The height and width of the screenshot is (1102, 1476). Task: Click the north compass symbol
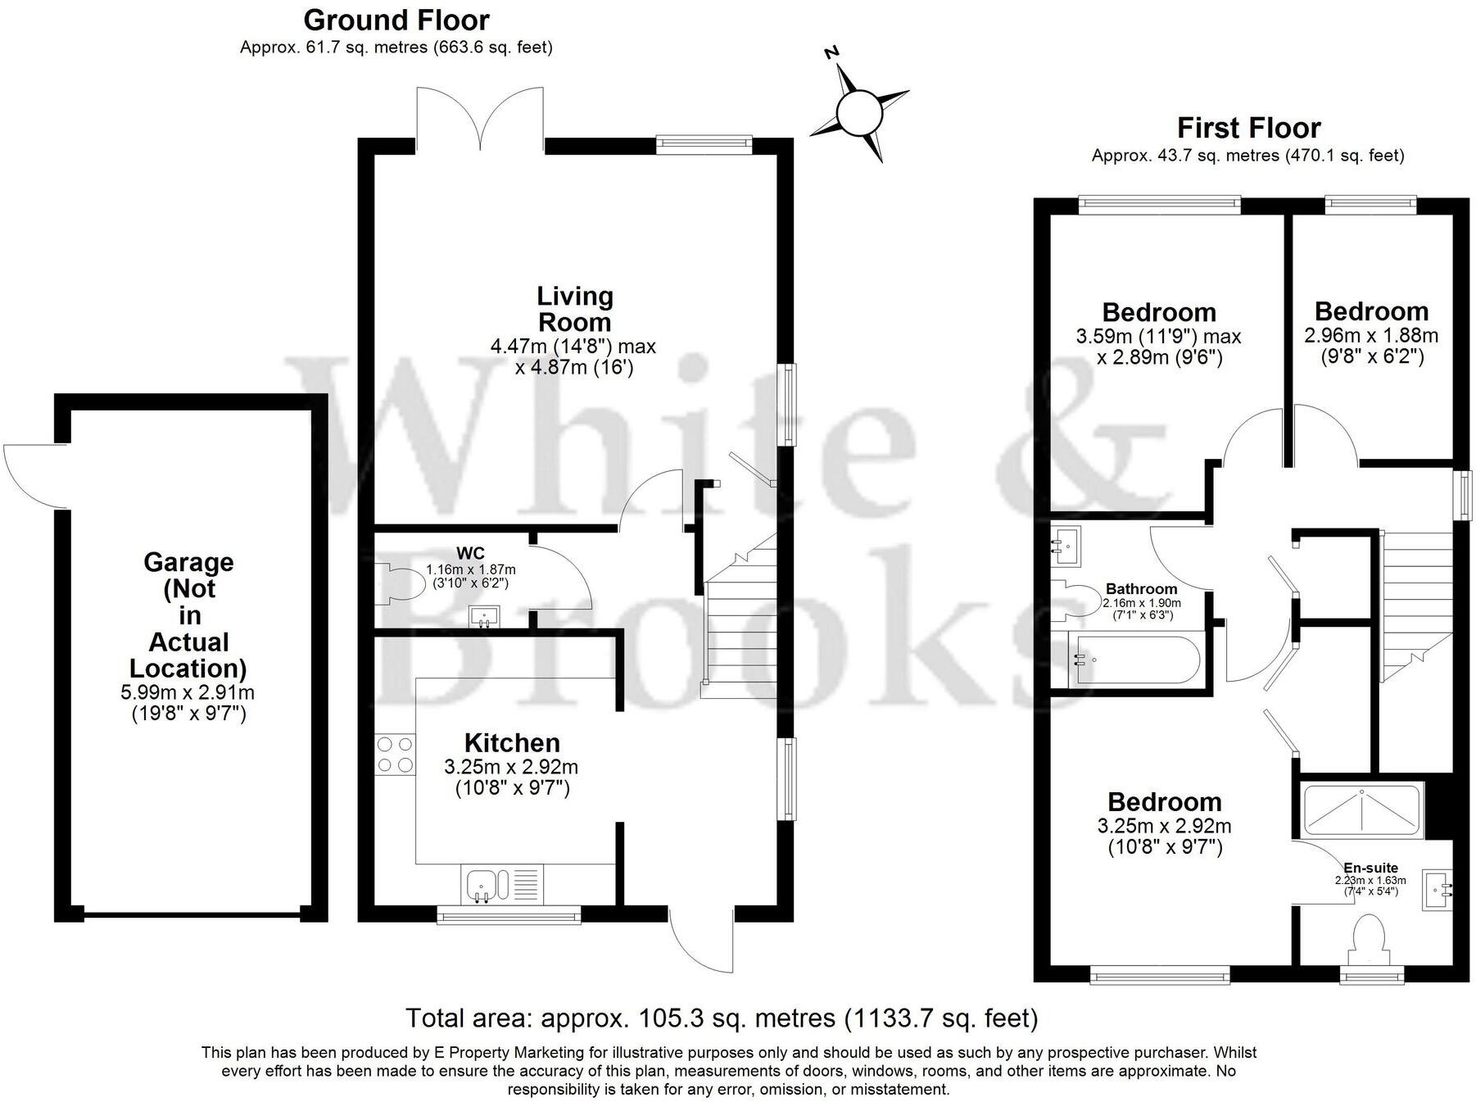click(858, 110)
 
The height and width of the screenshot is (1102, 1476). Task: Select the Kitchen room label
click(512, 743)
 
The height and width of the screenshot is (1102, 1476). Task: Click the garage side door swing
click(33, 475)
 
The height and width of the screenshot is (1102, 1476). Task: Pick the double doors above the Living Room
click(479, 119)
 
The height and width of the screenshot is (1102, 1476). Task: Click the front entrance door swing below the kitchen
click(701, 939)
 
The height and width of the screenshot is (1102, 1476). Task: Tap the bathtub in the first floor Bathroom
click(1134, 660)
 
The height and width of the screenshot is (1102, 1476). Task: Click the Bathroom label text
click(1141, 589)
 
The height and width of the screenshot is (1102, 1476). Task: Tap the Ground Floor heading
click(396, 20)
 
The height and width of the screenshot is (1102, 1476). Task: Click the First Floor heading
click(1248, 129)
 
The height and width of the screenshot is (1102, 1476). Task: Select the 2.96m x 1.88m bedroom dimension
click(1370, 336)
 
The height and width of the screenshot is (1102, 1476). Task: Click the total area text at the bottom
click(722, 1018)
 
